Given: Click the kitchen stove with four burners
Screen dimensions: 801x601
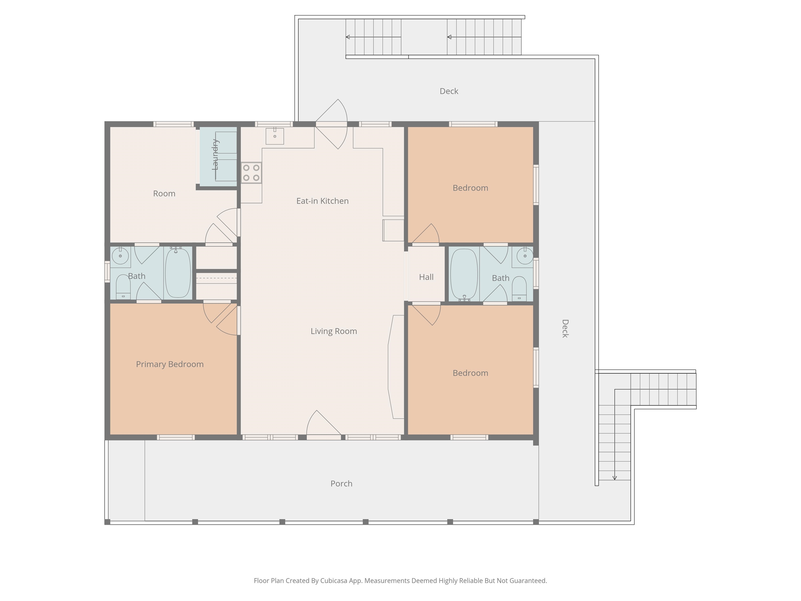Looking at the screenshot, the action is [x=251, y=173].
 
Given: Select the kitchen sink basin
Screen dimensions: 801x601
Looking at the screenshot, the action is [x=275, y=136].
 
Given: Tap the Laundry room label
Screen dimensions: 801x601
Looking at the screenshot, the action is [x=215, y=154].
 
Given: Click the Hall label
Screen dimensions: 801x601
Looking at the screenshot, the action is [x=426, y=277].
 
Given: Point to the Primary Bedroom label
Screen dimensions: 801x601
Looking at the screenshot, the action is [x=170, y=364].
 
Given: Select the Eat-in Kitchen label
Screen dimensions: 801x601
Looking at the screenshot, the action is [x=322, y=201].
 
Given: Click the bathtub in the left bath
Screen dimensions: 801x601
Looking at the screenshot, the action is [x=178, y=273].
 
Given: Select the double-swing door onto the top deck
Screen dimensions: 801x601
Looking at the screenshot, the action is [x=332, y=124].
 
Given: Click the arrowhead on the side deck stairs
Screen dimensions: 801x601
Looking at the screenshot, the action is [x=615, y=478].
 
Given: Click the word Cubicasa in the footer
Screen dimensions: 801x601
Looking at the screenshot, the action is [x=333, y=581].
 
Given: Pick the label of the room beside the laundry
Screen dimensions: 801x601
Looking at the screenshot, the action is [x=164, y=194].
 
